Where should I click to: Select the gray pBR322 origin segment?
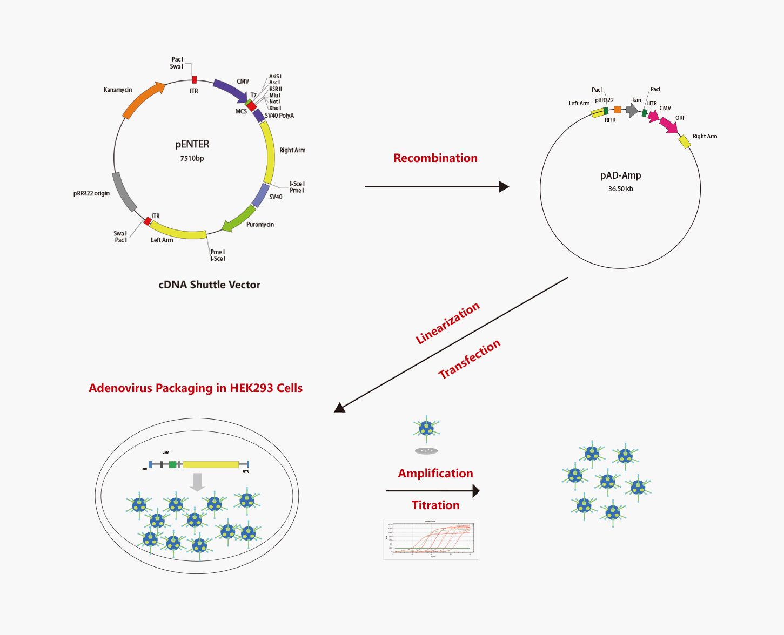pyautogui.click(x=124, y=192)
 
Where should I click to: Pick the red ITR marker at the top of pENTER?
pyautogui.click(x=195, y=80)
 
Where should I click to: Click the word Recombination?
pyautogui.click(x=435, y=158)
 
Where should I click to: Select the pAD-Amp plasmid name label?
pyautogui.click(x=620, y=175)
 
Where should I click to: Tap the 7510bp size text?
pyautogui.click(x=192, y=159)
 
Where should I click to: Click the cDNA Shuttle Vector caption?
pyautogui.click(x=209, y=285)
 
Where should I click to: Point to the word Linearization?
pyautogui.click(x=447, y=323)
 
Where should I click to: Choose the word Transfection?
pyautogui.click(x=469, y=359)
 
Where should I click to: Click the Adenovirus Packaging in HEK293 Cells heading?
pyautogui.click(x=196, y=388)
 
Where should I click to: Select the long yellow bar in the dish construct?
pyautogui.click(x=211, y=464)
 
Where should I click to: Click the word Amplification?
pyautogui.click(x=435, y=474)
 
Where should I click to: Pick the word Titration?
pyautogui.click(x=435, y=505)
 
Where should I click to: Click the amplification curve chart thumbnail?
pyautogui.click(x=431, y=539)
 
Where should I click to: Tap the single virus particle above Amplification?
pyautogui.click(x=426, y=429)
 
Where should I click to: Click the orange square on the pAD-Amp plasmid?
pyautogui.click(x=618, y=110)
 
